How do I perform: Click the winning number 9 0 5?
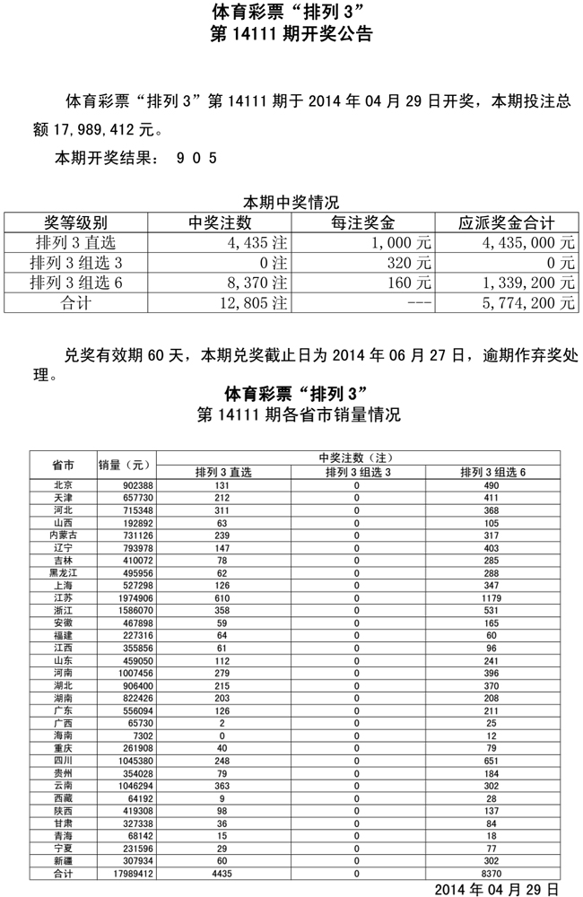[196, 158]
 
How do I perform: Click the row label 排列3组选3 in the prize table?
[76, 263]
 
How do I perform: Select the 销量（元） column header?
[126, 465]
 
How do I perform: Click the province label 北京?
[64, 485]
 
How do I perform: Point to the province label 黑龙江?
[64, 572]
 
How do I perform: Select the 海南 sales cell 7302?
[126, 736]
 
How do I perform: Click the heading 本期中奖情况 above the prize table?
[291, 203]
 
